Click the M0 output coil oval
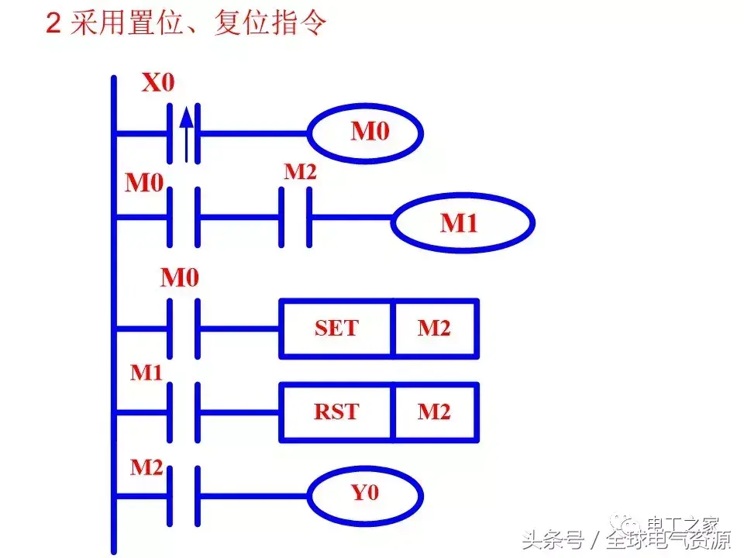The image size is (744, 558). tap(366, 133)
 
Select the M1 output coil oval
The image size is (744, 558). tap(463, 224)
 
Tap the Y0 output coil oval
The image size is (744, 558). tap(366, 493)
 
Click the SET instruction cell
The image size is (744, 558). tap(336, 329)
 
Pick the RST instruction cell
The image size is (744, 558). tap(336, 411)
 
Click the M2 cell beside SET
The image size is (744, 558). tap(435, 329)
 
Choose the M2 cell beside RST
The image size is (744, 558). tap(435, 411)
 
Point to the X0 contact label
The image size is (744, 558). tap(157, 83)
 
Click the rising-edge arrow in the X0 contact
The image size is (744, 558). tap(184, 132)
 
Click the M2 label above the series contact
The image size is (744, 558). tap(300, 172)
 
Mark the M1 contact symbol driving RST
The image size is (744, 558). tap(184, 411)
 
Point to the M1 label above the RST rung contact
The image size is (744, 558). tap(146, 373)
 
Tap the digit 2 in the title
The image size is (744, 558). tap(53, 24)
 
